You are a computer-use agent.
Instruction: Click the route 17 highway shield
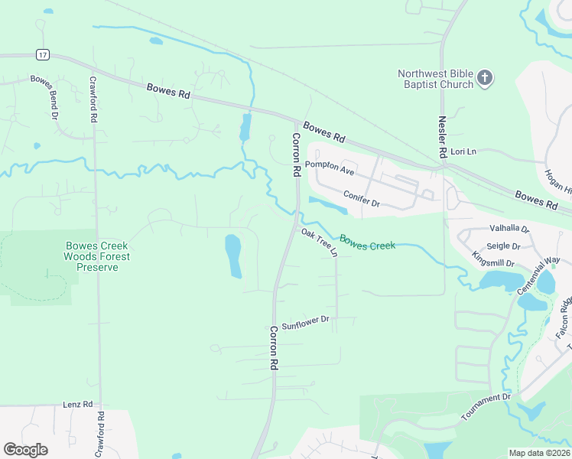43,54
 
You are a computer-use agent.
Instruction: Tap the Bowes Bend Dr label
43,97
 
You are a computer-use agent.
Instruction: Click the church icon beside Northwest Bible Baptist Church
485,77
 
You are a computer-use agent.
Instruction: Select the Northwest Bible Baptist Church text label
435,79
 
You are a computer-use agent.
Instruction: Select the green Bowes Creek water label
367,242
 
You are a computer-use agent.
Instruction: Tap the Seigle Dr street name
503,246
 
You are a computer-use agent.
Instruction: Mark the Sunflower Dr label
304,323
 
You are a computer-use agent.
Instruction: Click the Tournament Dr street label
486,408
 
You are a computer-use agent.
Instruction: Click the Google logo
25,449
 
